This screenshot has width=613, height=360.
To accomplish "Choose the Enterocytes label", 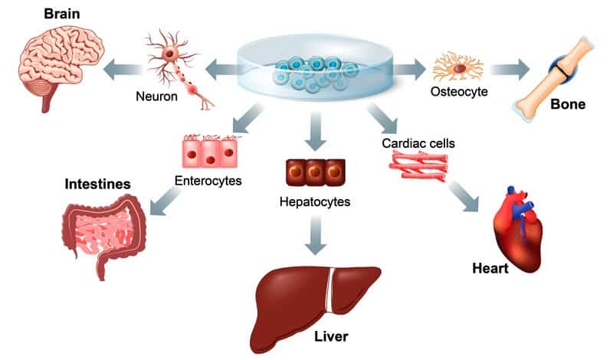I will (208, 182).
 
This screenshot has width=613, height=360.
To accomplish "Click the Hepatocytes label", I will (314, 202).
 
